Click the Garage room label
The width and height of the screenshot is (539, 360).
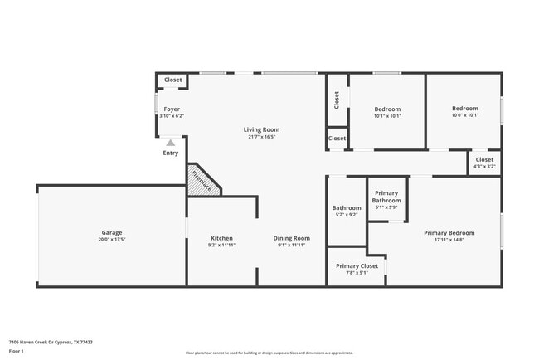(x=112, y=233)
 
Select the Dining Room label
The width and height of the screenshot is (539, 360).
(x=292, y=238)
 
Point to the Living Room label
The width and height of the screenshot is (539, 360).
(x=261, y=129)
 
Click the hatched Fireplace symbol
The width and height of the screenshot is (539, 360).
(x=201, y=180)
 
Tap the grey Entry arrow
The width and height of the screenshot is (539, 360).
(x=171, y=143)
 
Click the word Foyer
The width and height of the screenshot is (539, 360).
(x=172, y=109)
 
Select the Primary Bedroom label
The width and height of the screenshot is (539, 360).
(x=449, y=233)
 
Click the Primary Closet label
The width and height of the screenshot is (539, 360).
(x=357, y=265)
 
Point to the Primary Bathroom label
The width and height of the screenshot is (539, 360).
(x=386, y=197)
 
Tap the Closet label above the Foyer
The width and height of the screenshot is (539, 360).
(x=172, y=80)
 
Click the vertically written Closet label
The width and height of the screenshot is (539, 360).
(x=337, y=100)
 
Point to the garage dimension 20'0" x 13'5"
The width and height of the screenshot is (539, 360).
(x=112, y=241)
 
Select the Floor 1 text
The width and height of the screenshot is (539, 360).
(x=17, y=352)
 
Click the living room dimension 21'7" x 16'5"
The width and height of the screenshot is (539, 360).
(x=261, y=137)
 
